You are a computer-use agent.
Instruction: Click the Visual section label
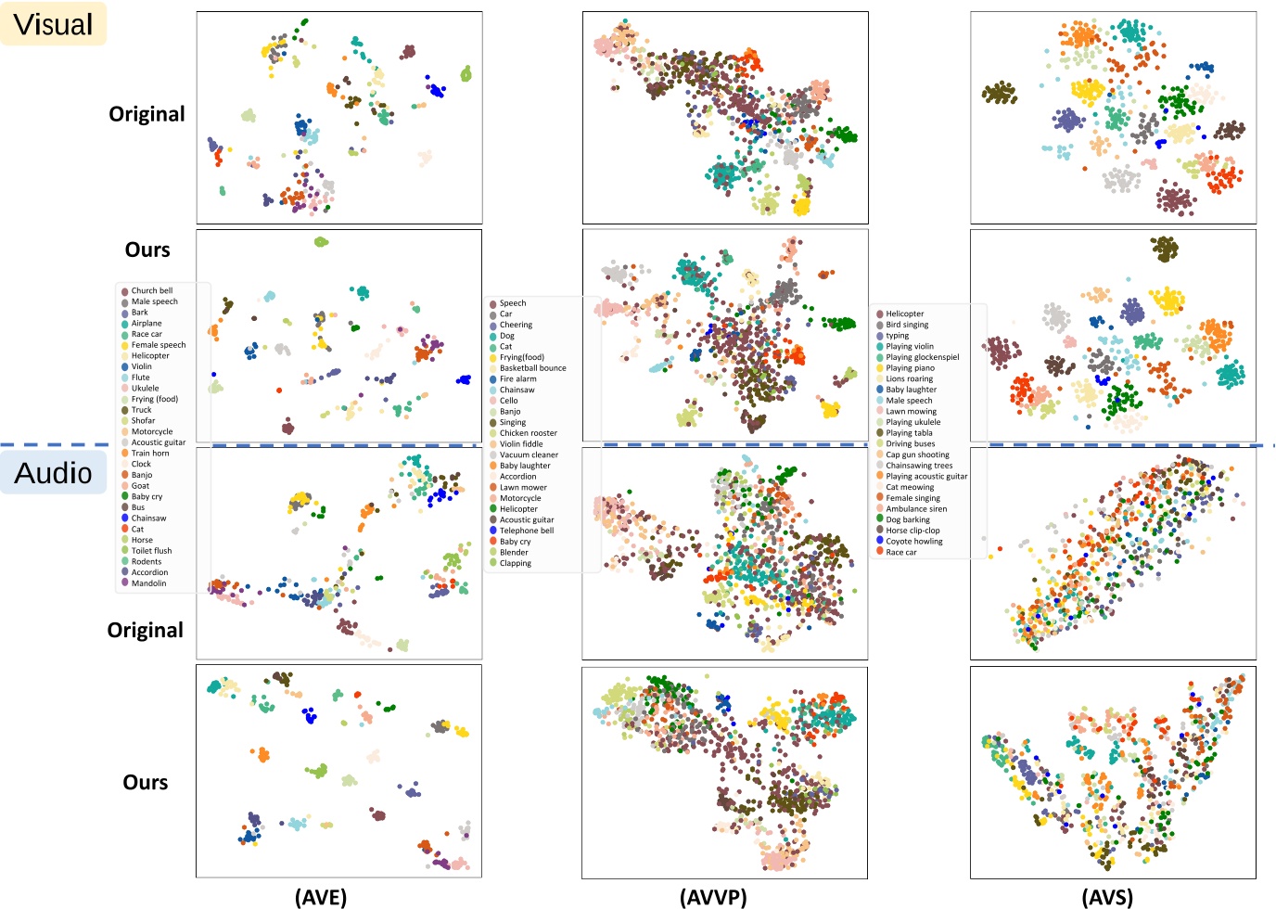[x=54, y=24]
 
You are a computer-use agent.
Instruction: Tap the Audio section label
[x=54, y=473]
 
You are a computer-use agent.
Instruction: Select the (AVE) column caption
[x=321, y=897]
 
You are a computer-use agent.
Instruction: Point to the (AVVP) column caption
[x=713, y=897]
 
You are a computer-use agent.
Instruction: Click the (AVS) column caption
[x=1107, y=897]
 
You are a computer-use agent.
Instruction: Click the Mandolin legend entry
[x=148, y=583]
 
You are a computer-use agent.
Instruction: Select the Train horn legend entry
[x=150, y=454]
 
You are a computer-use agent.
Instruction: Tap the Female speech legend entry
[x=158, y=345]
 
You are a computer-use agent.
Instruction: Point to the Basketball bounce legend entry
[x=532, y=368]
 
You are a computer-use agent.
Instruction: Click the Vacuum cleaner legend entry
[x=529, y=454]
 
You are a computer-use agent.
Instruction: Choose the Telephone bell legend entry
[x=526, y=531]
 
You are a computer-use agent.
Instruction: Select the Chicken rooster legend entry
[x=528, y=433]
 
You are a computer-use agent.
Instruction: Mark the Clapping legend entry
[x=515, y=563]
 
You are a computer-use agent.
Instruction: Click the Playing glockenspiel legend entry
[x=922, y=357]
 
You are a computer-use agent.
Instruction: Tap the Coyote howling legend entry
[x=913, y=542]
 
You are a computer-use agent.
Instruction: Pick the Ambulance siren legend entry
[x=915, y=509]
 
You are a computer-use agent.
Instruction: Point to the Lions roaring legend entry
[x=909, y=378]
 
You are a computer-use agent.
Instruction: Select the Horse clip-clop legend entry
[x=912, y=531]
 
